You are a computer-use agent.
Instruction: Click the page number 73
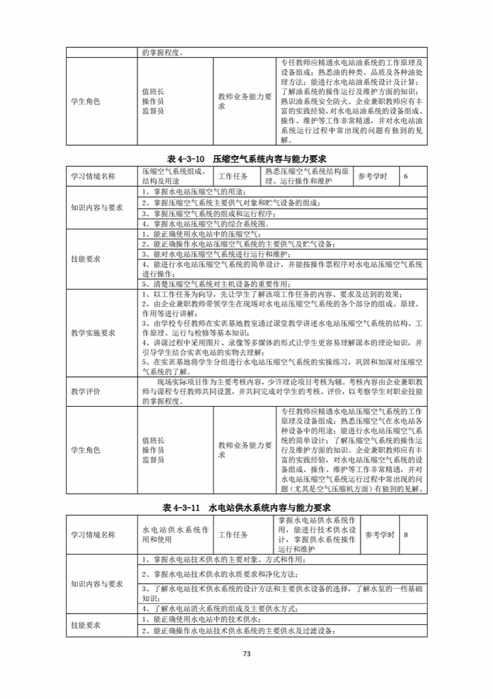pos(246,654)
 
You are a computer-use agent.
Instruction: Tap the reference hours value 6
pos(406,176)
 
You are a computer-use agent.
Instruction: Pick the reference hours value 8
pos(406,535)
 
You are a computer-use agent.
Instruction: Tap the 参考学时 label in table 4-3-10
pos(373,176)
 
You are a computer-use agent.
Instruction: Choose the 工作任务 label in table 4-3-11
pos(233,535)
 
